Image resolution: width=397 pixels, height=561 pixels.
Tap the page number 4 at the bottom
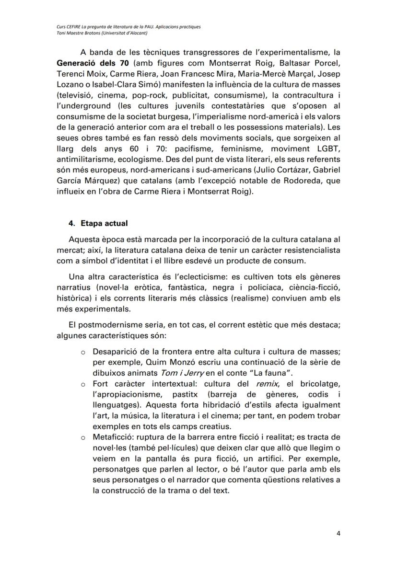pos(338,533)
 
